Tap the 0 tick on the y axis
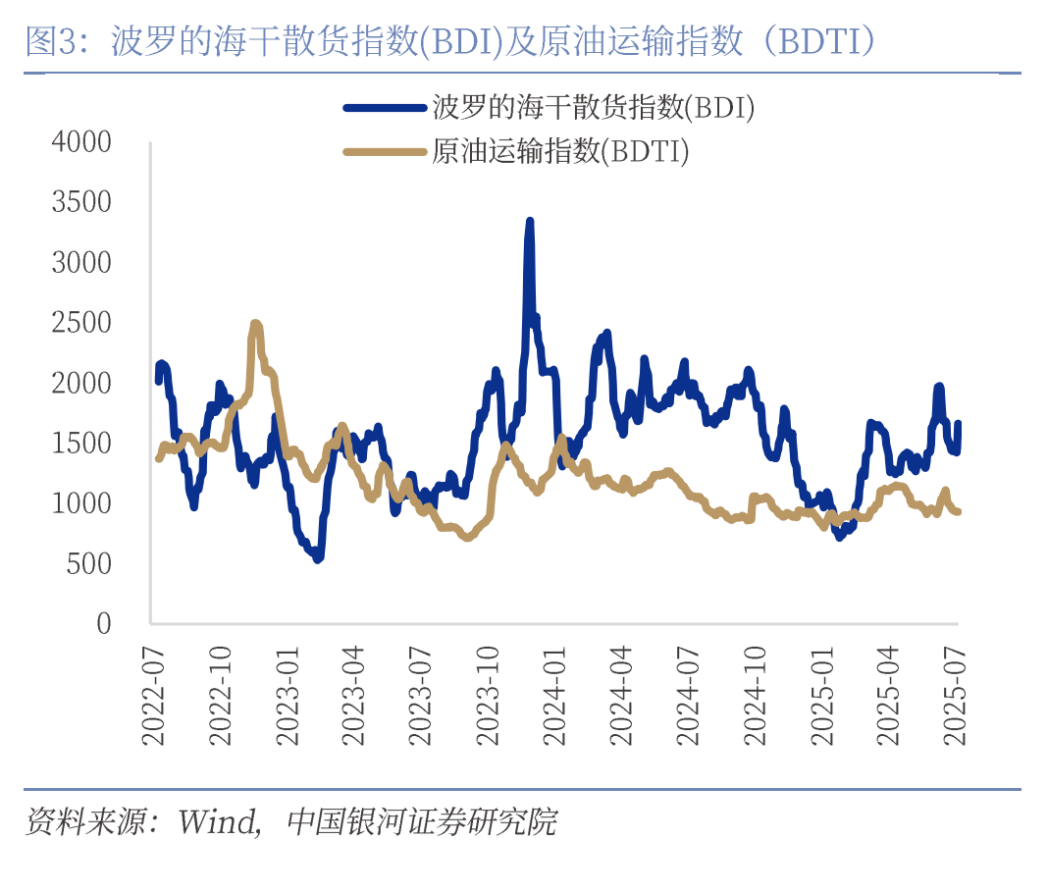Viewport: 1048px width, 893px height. tap(102, 623)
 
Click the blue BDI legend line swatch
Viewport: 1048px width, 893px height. tap(386, 108)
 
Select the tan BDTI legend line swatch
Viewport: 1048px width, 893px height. tap(386, 152)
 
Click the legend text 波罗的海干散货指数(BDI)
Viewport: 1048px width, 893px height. tap(593, 108)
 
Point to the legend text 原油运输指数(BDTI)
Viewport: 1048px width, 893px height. tap(560, 152)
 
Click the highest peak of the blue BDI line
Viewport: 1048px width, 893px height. tap(530, 222)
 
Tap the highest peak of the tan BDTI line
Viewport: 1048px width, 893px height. tap(255, 323)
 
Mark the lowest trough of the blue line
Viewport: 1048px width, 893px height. tap(317, 558)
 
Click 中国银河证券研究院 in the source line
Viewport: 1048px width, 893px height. tap(422, 822)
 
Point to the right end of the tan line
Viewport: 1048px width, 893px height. tap(958, 511)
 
